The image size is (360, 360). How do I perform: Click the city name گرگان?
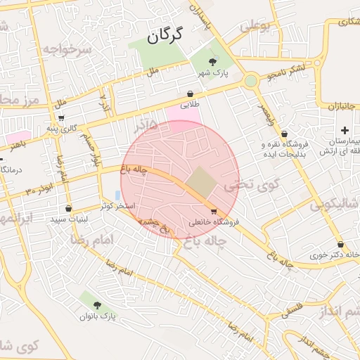coord(165,35)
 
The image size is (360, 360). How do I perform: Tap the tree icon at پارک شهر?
coord(213,63)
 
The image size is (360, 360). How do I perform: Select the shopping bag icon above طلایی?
coord(191,93)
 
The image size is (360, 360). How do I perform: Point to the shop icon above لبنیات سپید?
coord(68,208)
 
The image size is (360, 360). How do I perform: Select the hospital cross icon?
coord(345,130)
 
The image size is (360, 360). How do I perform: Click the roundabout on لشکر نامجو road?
coord(251,82)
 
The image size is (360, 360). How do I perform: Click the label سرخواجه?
coord(67,49)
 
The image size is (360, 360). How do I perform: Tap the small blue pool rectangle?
coord(117,195)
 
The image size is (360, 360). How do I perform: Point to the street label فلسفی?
coord(284,309)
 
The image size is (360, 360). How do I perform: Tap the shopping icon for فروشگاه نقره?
coord(284,134)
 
